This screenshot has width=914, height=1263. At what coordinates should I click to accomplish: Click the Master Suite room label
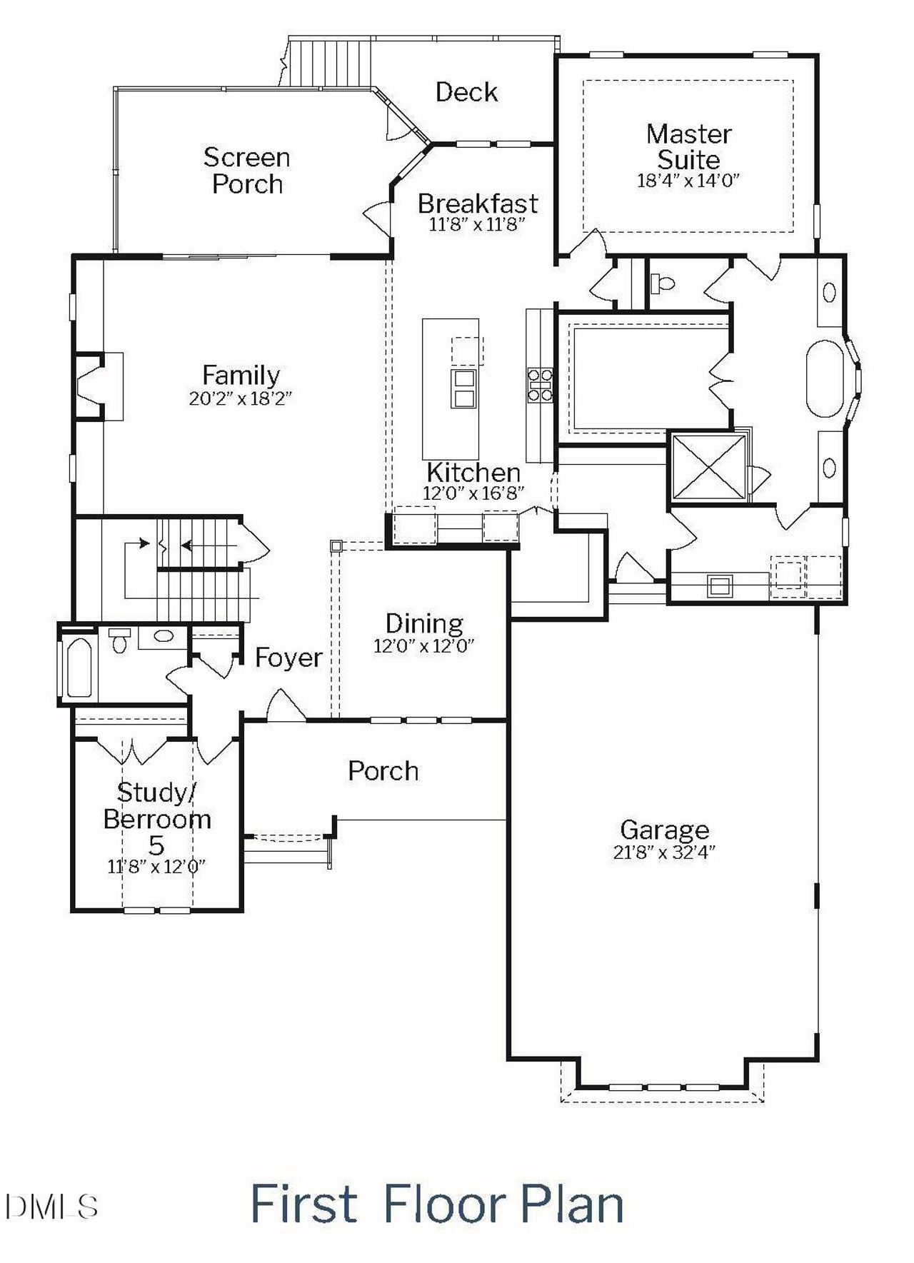pyautogui.click(x=688, y=146)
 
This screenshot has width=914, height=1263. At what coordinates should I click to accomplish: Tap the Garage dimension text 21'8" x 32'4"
pyautogui.click(x=664, y=852)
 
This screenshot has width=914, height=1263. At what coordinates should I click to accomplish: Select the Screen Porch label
pyautogui.click(x=247, y=171)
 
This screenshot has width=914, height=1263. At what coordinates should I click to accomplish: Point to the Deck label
pyautogui.click(x=466, y=92)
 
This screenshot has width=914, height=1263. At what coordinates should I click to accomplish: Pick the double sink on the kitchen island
pyautogui.click(x=463, y=388)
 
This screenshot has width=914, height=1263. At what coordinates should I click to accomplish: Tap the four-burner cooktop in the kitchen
pyautogui.click(x=540, y=384)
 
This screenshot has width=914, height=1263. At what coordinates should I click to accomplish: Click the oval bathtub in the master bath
pyautogui.click(x=825, y=378)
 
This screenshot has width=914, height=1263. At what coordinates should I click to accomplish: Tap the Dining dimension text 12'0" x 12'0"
pyautogui.click(x=423, y=646)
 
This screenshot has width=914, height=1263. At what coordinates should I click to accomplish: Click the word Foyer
pyautogui.click(x=288, y=658)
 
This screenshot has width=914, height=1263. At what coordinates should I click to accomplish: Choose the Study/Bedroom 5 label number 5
pyautogui.click(x=156, y=845)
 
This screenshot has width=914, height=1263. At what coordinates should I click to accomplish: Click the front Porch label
pyautogui.click(x=383, y=771)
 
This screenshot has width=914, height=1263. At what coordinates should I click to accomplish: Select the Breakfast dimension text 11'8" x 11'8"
pyautogui.click(x=477, y=224)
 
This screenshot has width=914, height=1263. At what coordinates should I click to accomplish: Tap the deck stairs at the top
pyautogui.click(x=333, y=63)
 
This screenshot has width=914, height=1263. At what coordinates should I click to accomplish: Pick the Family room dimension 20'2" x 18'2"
pyautogui.click(x=241, y=398)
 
